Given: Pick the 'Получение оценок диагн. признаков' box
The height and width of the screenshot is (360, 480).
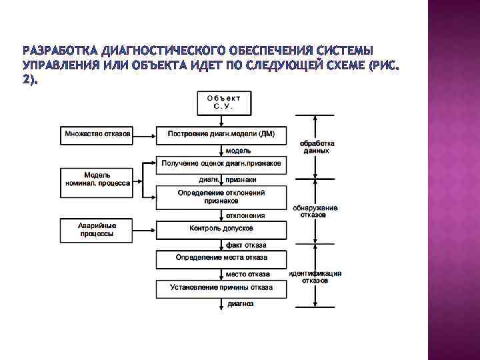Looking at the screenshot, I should [221, 163].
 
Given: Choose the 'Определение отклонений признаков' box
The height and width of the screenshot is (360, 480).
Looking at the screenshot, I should [221, 196].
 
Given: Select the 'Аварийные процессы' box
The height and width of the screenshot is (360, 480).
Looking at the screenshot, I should [97, 229].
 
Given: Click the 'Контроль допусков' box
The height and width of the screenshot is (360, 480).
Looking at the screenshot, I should [221, 229].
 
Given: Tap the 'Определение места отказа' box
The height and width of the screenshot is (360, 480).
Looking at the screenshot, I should [221, 257].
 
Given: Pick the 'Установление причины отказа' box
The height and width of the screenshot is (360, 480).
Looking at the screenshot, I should [221, 288].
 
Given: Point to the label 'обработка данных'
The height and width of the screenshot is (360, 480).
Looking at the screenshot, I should [317, 147].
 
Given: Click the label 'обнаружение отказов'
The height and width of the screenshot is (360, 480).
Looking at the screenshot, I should [315, 211].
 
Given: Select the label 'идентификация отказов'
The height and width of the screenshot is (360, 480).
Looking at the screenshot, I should [315, 277].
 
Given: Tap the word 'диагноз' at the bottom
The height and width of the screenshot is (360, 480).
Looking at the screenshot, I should [241, 303].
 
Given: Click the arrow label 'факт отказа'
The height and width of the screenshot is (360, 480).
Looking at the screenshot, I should [246, 245].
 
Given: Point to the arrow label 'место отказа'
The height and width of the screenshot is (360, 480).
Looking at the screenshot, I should [247, 274].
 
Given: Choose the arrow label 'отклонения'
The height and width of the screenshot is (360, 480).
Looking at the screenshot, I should [245, 215].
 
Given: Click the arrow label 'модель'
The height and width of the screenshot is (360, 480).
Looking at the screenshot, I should [239, 151].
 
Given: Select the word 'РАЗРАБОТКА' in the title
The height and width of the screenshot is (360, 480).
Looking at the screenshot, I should [59, 51].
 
